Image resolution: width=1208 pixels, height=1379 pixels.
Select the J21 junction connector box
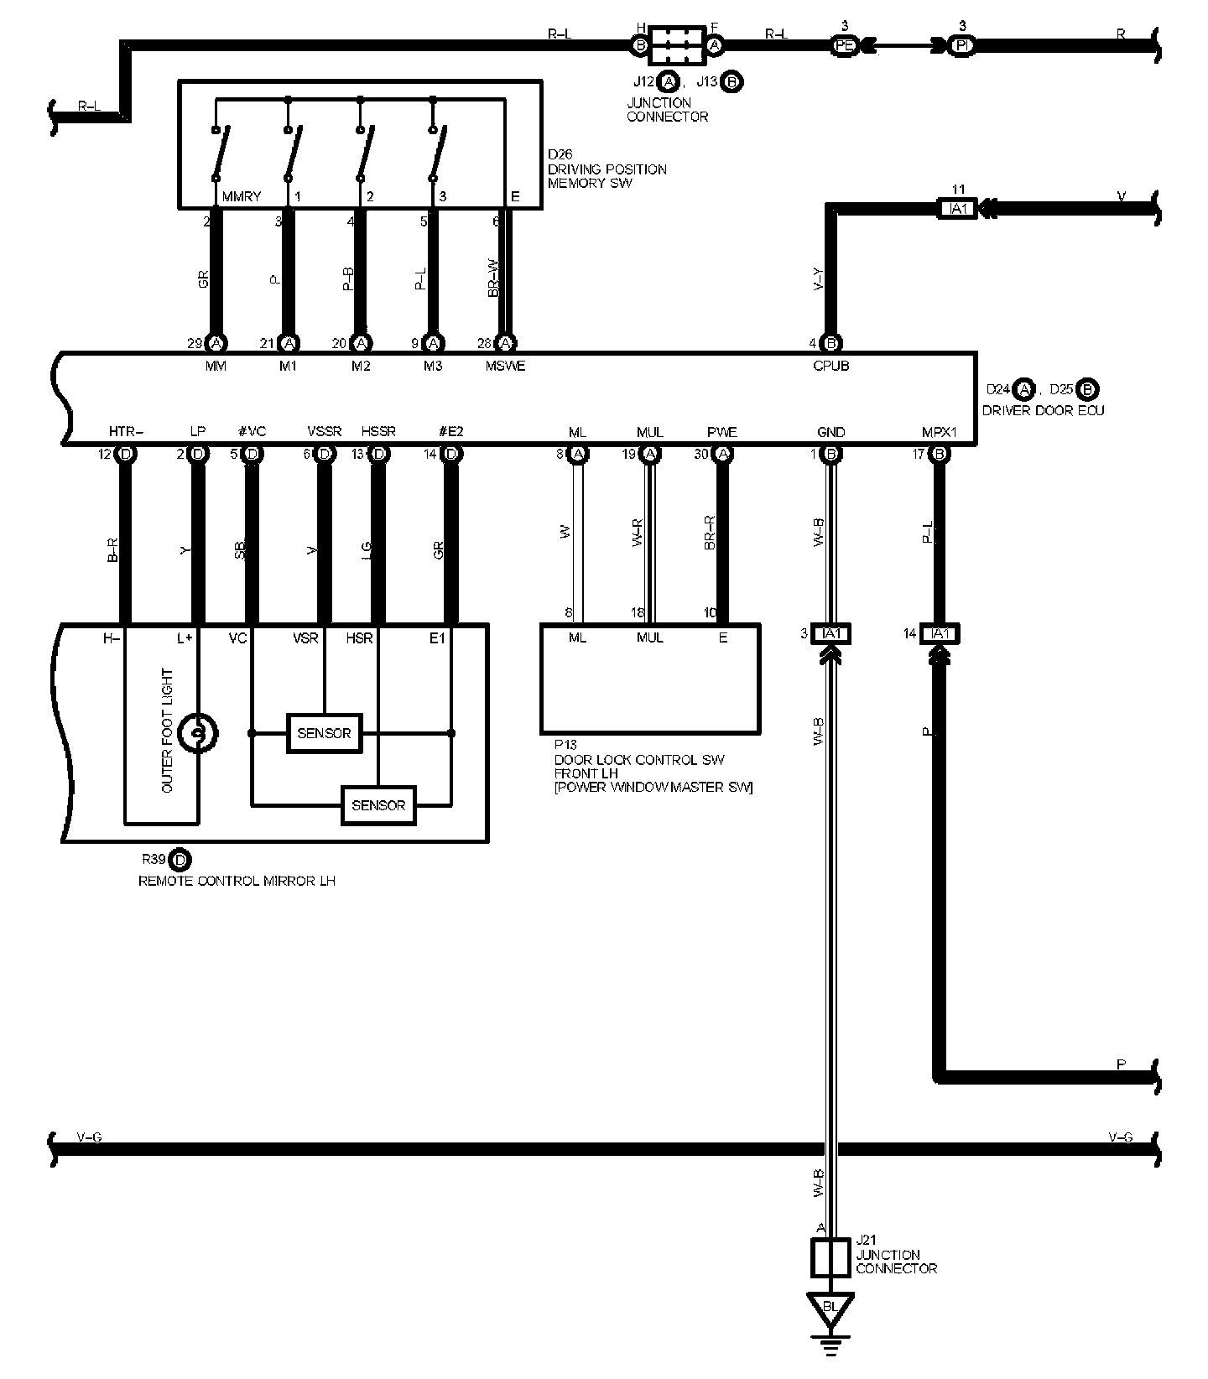830,1257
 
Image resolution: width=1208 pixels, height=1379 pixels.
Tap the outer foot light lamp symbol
198,733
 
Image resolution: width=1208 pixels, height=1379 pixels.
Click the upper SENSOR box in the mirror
324,733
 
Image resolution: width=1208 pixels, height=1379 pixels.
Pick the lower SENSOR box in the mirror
378,805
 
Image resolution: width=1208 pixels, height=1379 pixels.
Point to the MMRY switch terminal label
242,196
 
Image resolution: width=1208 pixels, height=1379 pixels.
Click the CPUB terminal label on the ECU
830,366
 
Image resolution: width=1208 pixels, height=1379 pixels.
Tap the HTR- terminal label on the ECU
126,432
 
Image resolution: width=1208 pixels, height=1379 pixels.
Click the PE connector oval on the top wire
845,46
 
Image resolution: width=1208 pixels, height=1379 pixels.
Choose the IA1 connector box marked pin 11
957,208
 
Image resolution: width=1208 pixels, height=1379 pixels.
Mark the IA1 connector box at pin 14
940,634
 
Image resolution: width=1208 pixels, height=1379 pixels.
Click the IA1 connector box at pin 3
831,634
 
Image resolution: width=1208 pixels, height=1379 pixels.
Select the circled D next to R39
180,860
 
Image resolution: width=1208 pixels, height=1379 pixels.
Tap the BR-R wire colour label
710,534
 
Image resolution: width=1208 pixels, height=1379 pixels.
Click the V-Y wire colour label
819,280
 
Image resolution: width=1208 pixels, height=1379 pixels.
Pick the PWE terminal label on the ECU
721,432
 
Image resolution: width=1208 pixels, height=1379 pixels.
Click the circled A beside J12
669,82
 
